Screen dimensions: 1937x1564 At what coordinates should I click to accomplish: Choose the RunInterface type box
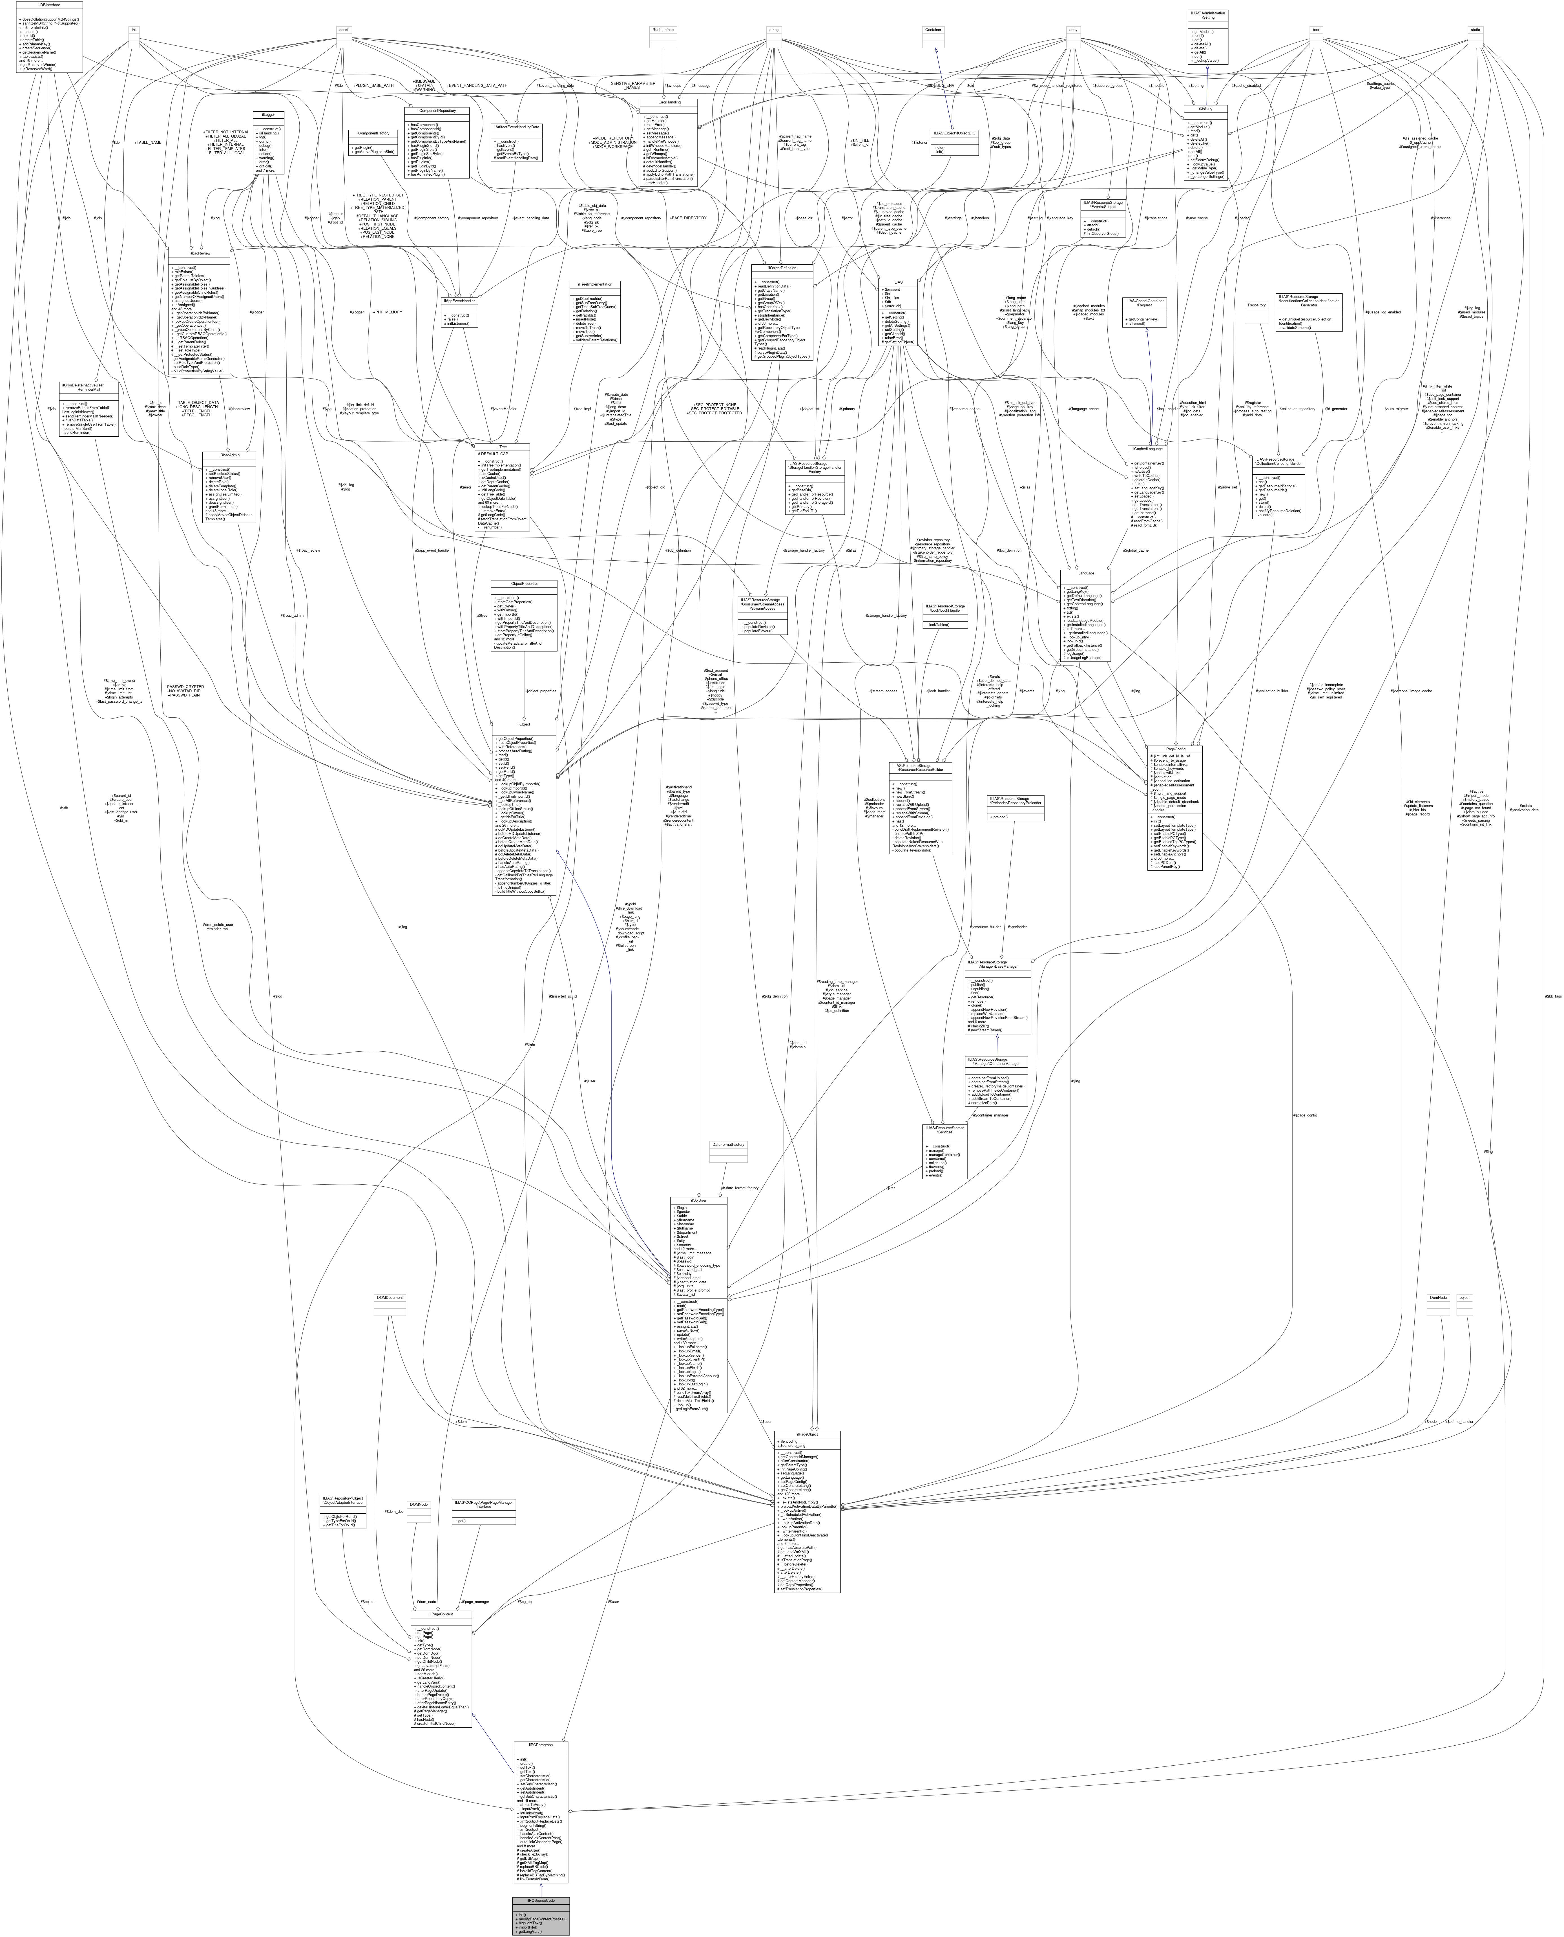[x=664, y=30]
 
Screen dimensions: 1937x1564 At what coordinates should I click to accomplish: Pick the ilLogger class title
[x=269, y=114]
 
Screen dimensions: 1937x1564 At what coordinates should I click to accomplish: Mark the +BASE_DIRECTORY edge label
[x=689, y=218]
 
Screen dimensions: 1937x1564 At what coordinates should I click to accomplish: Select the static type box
[x=1475, y=30]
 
